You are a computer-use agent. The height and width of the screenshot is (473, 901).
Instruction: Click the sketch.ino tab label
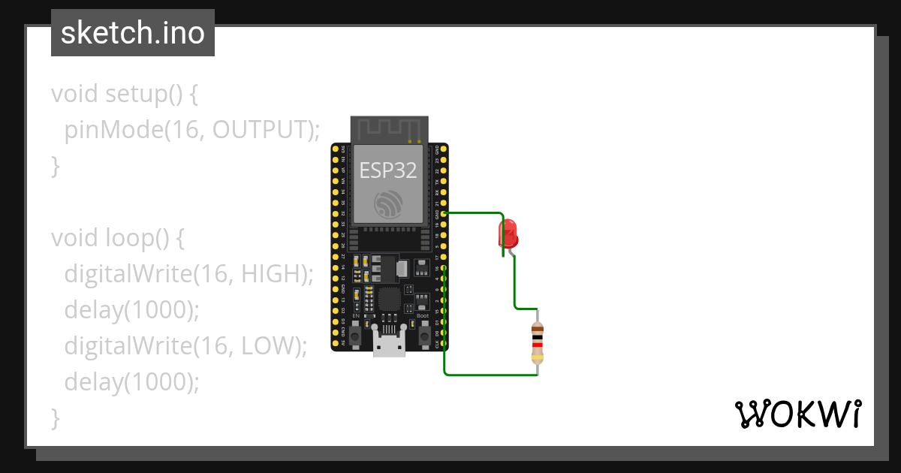[x=133, y=33]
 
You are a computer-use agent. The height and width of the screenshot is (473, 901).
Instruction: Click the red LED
[x=508, y=233]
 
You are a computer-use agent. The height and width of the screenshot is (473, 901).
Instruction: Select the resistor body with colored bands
[x=538, y=342]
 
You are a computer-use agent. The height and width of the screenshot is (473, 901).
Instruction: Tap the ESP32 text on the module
[x=387, y=170]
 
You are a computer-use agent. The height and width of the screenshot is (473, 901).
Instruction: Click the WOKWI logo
[x=797, y=414]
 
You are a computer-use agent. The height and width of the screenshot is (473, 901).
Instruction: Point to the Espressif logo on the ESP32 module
[x=389, y=203]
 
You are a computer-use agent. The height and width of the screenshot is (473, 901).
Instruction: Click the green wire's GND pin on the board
[x=444, y=214]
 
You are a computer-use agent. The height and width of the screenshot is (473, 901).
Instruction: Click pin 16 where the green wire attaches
[x=444, y=268]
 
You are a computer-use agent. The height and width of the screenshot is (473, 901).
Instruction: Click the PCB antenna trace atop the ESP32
[x=389, y=129]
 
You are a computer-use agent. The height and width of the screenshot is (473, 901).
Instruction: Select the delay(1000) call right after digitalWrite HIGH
[x=132, y=310]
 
